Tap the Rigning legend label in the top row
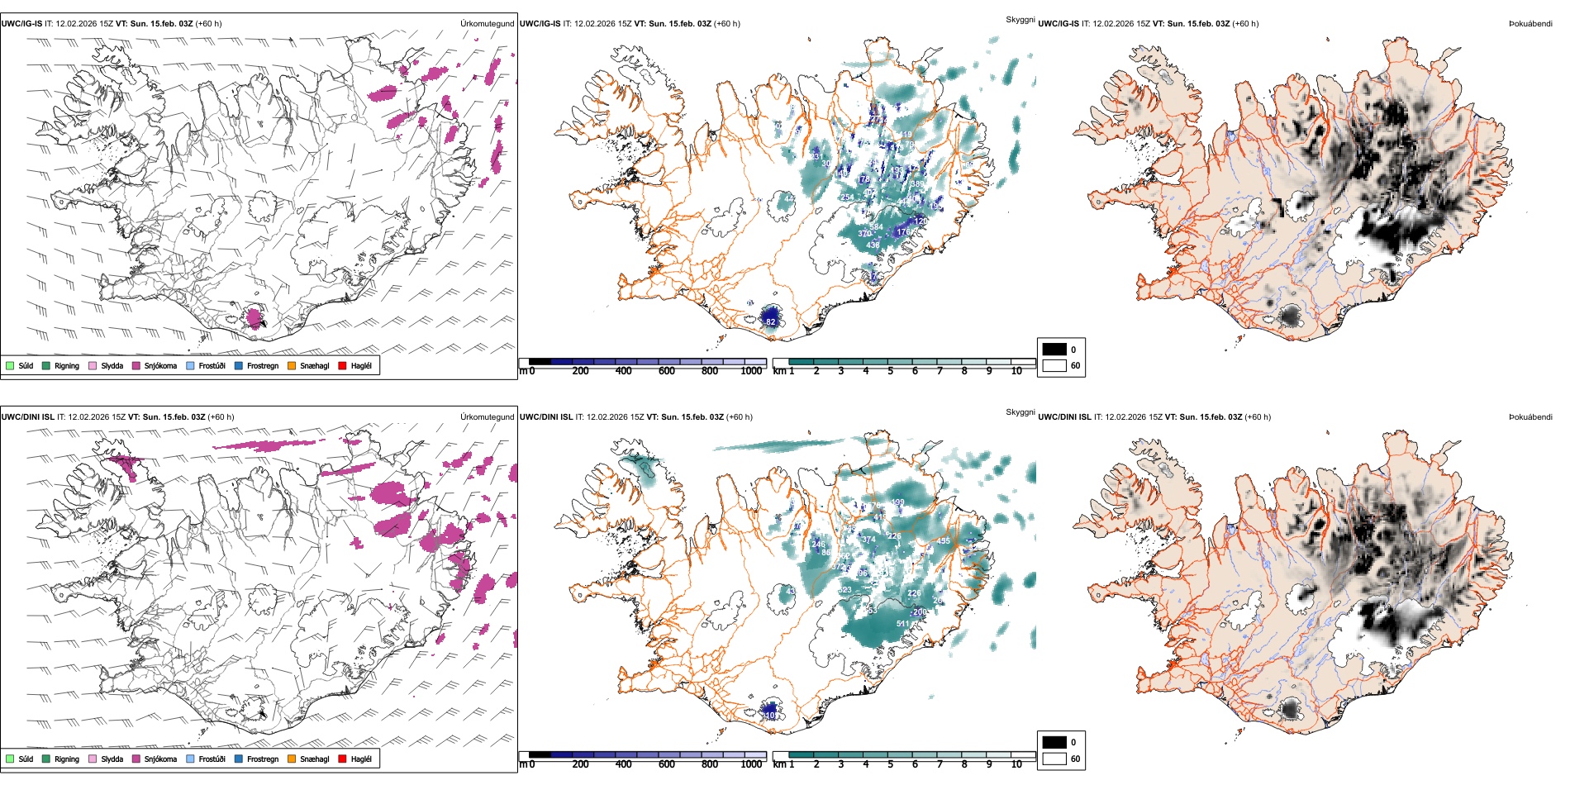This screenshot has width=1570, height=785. [x=67, y=365]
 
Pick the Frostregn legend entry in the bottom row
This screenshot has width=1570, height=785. [x=262, y=759]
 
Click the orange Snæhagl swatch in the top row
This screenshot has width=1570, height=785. [x=293, y=365]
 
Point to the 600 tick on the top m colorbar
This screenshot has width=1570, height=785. [x=667, y=371]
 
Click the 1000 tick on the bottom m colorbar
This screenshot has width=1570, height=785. [x=751, y=764]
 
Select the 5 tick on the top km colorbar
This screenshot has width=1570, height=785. [x=891, y=371]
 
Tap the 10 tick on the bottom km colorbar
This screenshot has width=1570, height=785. [x=1016, y=764]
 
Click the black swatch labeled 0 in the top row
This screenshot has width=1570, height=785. [x=1054, y=350]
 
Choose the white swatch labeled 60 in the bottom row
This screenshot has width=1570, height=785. [x=1054, y=759]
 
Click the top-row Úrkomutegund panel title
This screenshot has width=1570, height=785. [x=487, y=24]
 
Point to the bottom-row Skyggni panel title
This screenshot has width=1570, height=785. [x=1020, y=412]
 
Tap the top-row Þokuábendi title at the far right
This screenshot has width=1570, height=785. [x=1530, y=24]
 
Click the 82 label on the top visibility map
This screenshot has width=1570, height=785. [x=770, y=322]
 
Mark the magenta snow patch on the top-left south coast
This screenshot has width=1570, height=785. [x=255, y=316]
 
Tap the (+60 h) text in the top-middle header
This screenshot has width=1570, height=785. [x=727, y=24]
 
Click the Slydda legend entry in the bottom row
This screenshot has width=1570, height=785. [x=112, y=759]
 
